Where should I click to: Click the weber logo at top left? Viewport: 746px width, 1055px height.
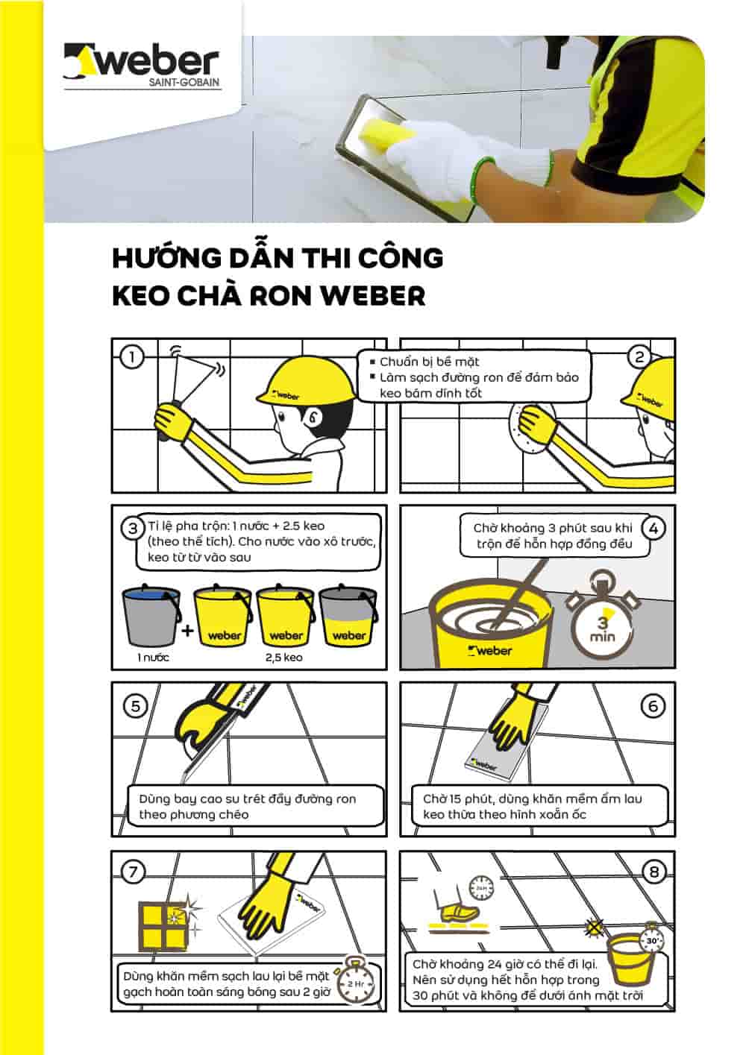pyautogui.click(x=142, y=66)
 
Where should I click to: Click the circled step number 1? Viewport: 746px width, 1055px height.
pyautogui.click(x=132, y=357)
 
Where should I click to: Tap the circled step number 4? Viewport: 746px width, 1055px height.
pyautogui.click(x=653, y=529)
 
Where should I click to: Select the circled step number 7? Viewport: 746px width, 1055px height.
pyautogui.click(x=133, y=872)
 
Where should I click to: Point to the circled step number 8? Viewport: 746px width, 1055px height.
pyautogui.click(x=654, y=872)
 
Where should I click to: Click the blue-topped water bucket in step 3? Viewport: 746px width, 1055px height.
pyautogui.click(x=151, y=616)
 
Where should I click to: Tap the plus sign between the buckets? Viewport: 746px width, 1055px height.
pyautogui.click(x=187, y=631)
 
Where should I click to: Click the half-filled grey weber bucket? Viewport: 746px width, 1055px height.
pyautogui.click(x=348, y=616)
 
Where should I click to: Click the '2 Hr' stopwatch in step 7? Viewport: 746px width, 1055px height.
pyautogui.click(x=355, y=984)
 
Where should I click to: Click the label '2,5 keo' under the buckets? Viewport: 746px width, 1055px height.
pyautogui.click(x=283, y=658)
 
